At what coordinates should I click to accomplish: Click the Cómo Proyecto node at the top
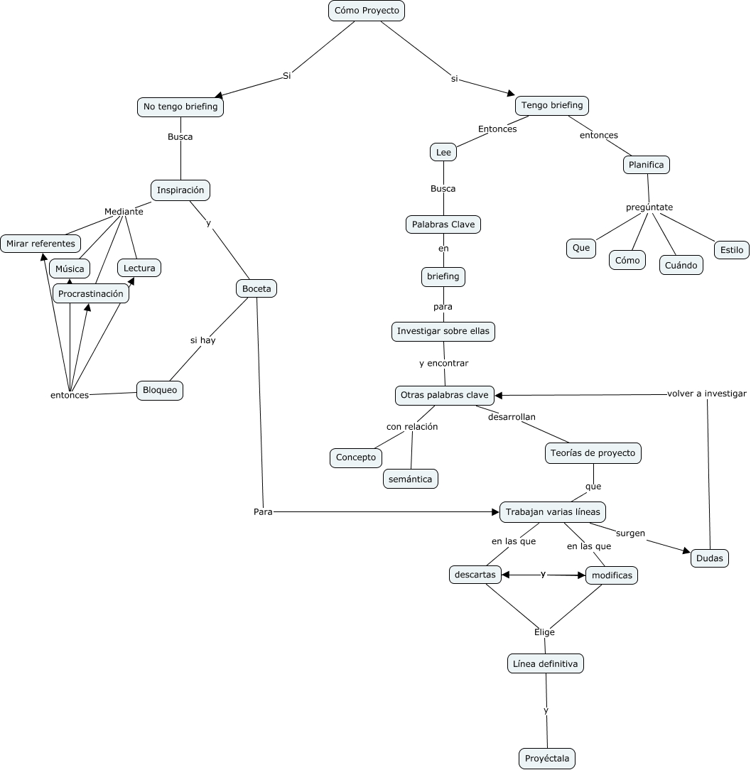point(367,11)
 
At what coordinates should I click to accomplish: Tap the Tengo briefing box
point(552,105)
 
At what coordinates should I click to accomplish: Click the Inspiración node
point(180,190)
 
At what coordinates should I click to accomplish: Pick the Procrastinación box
point(91,293)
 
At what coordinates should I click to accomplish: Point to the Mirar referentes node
point(40,244)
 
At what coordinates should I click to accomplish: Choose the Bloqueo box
point(160,390)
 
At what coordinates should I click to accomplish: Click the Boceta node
point(256,288)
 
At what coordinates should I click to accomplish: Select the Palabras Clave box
point(443,224)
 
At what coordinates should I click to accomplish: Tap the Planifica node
point(647,165)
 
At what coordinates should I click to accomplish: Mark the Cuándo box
point(681,265)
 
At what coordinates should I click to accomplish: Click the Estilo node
point(732,249)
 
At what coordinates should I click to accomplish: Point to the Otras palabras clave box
point(445,395)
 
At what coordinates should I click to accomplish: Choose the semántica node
point(411,479)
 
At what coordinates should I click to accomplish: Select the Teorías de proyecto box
point(594,452)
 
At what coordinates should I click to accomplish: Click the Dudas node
point(710,558)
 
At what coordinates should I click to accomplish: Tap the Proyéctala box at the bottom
point(547,759)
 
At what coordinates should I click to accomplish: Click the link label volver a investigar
point(707,394)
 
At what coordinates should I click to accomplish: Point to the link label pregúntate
point(649,207)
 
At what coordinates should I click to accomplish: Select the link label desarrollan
point(512,417)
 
